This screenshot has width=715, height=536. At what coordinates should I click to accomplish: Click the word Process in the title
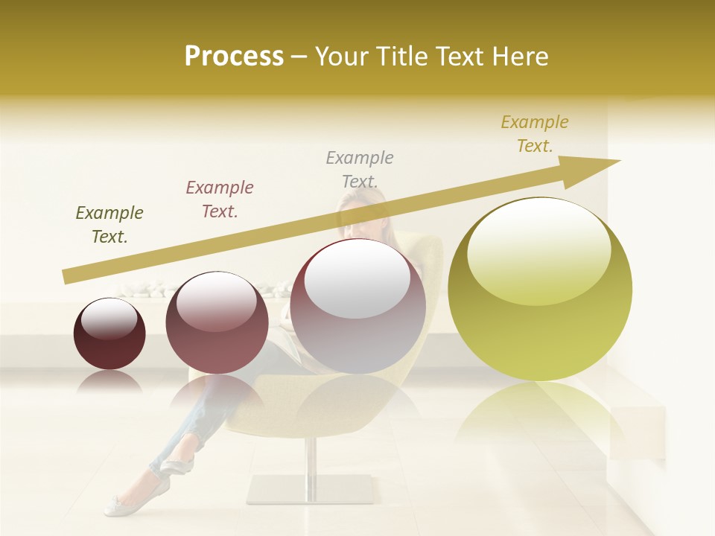click(x=234, y=57)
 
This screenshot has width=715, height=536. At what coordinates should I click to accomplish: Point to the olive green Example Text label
click(x=109, y=225)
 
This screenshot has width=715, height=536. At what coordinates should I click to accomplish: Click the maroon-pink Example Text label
click(x=220, y=200)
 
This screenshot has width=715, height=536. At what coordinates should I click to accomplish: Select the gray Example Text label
click(x=360, y=169)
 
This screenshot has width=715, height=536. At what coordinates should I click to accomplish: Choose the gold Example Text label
click(x=535, y=134)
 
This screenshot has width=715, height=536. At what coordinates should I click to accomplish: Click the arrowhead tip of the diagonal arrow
click(x=618, y=161)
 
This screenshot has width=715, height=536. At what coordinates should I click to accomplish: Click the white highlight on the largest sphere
click(x=538, y=249)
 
